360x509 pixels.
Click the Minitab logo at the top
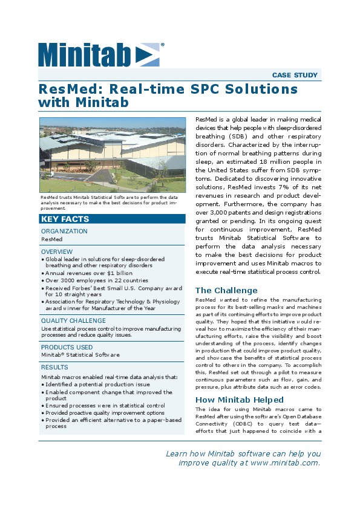[100, 54]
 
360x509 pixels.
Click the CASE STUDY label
[295, 76]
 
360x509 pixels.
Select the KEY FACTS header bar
[65, 219]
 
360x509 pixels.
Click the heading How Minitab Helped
[240, 400]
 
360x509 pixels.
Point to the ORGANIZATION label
[64, 232]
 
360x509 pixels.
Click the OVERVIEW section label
[57, 251]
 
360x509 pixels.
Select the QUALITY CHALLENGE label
[73, 321]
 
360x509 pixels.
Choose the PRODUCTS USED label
[67, 348]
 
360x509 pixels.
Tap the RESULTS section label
[55, 367]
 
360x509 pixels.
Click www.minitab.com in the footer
[284, 462]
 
